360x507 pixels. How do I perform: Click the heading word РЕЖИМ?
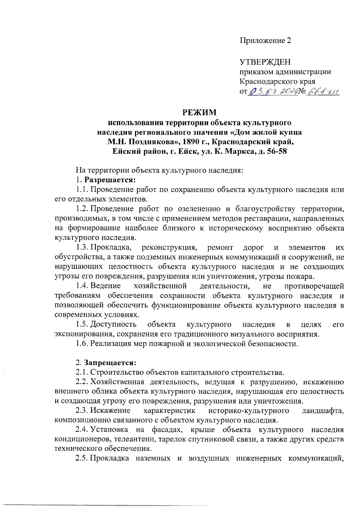tap(199, 113)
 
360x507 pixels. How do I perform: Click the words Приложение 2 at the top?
tap(265, 41)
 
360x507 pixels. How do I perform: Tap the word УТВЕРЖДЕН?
tap(265, 62)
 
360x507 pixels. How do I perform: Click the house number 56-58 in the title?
tap(276, 151)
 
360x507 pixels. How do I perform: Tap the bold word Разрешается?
tap(110, 180)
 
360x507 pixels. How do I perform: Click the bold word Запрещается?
tap(110, 363)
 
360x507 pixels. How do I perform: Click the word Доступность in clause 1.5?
tap(113, 324)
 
